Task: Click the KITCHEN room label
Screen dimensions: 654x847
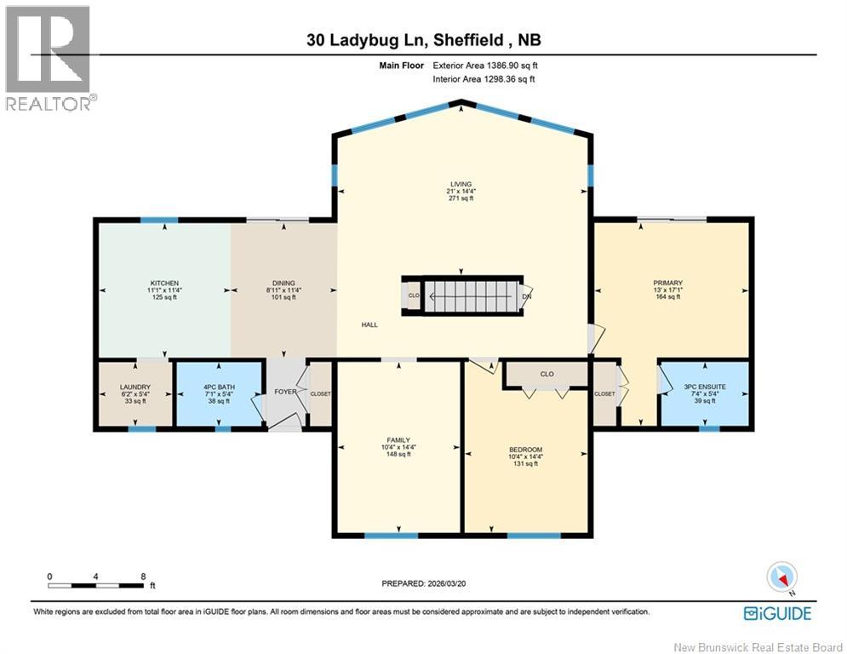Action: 164,283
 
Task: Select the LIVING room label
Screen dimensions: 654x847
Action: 461,183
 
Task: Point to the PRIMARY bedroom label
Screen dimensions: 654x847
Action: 667,283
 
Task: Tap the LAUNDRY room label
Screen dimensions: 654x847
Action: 134,387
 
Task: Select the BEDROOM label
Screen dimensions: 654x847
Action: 525,450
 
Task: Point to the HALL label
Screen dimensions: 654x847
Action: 369,324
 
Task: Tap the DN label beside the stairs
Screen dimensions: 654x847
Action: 527,297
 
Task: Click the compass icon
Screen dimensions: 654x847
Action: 781,577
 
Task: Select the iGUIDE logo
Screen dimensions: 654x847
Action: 776,613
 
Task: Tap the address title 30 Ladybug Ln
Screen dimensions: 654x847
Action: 423,41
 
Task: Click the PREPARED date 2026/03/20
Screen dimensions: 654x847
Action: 423,583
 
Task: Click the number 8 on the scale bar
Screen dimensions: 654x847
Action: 142,577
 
